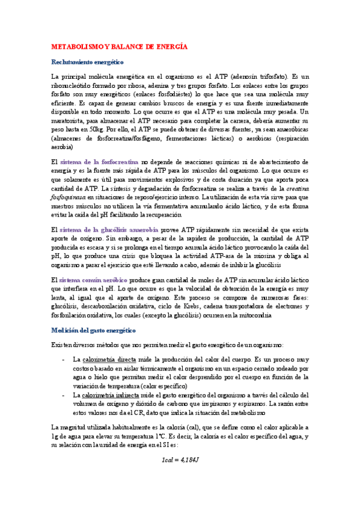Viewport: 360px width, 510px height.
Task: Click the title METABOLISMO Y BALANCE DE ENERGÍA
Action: [x=120, y=46]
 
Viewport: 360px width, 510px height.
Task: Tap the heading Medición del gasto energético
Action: [x=94, y=330]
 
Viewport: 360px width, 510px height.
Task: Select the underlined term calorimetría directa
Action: [x=109, y=360]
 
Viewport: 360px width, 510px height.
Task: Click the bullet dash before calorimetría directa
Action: [x=64, y=360]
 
